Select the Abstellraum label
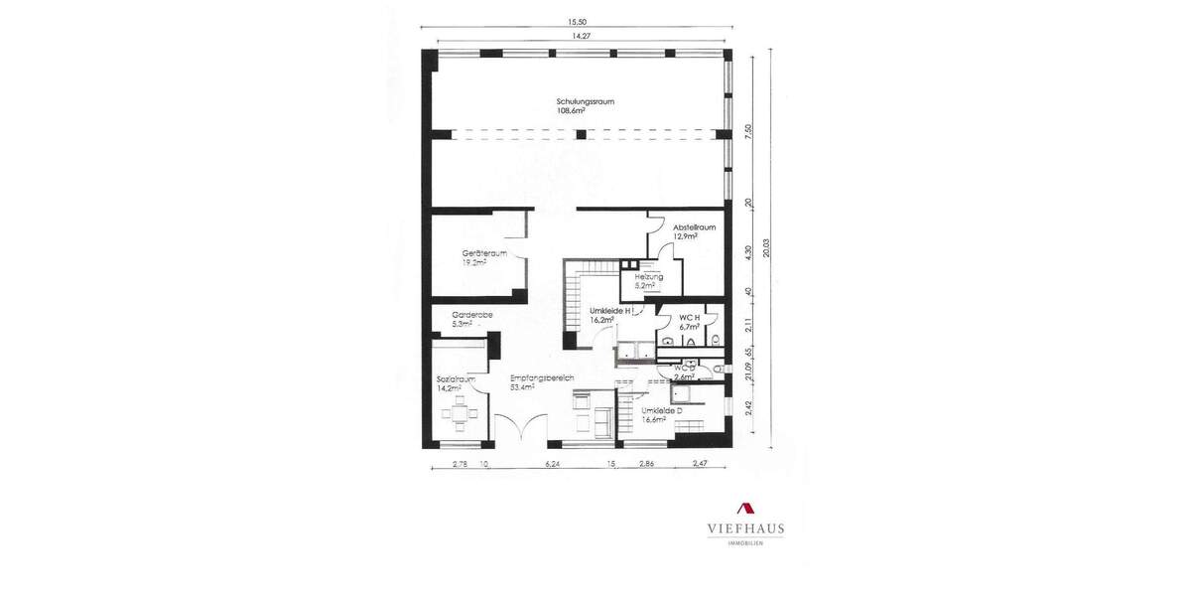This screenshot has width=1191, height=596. point(694,227)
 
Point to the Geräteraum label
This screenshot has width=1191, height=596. point(484,253)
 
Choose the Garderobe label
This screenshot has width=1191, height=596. point(472,315)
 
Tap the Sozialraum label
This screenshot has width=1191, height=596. point(457,379)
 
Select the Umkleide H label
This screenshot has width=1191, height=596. point(611,311)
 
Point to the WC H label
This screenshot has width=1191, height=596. point(690,317)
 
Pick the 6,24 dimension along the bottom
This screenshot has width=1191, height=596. point(552,464)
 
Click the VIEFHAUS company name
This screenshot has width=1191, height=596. point(746,528)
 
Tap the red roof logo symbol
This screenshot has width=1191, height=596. point(745,508)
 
